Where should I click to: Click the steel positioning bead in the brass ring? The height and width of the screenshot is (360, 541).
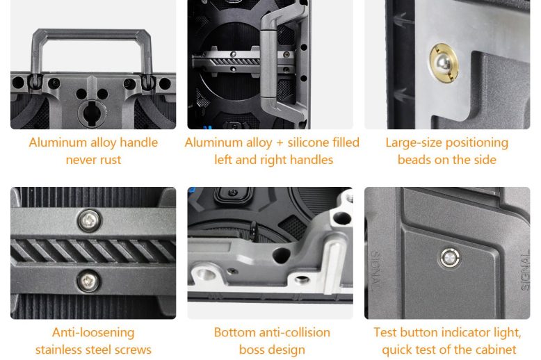[443, 63]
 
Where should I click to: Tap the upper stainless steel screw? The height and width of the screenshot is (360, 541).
[90, 220]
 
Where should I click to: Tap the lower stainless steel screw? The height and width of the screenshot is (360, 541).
[88, 281]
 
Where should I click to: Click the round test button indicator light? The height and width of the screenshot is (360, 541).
[450, 258]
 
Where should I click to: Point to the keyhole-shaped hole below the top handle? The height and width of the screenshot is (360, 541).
[90, 113]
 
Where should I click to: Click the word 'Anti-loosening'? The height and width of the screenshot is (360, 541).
[93, 333]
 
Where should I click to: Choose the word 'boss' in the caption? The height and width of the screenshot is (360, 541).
[250, 350]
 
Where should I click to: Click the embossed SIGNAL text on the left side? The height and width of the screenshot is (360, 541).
[375, 270]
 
